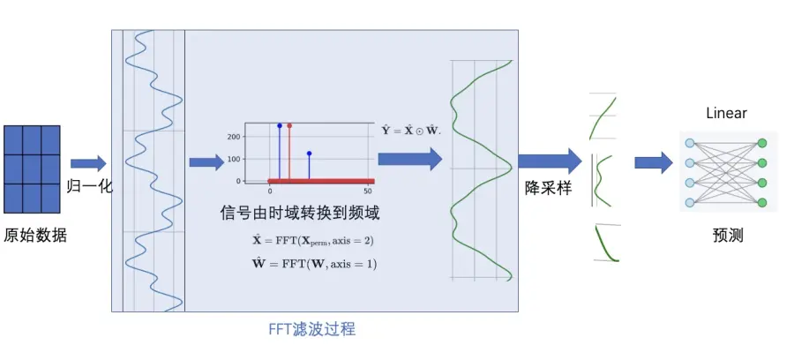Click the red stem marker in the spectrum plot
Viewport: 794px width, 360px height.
(x=289, y=126)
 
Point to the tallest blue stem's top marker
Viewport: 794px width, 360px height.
(x=280, y=126)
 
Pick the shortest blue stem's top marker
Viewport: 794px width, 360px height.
(x=309, y=154)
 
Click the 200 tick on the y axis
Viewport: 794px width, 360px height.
(x=235, y=137)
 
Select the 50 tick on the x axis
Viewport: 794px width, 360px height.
(x=367, y=191)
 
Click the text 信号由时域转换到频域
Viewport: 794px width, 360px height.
(x=300, y=213)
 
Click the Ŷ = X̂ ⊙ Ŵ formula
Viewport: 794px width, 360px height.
(x=410, y=130)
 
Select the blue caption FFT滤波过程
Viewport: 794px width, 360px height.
(x=312, y=329)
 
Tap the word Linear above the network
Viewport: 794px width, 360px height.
(x=726, y=113)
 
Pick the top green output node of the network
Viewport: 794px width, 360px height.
(x=762, y=143)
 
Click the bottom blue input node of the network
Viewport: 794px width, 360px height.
(x=689, y=203)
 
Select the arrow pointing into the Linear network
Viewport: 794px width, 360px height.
(x=653, y=162)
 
